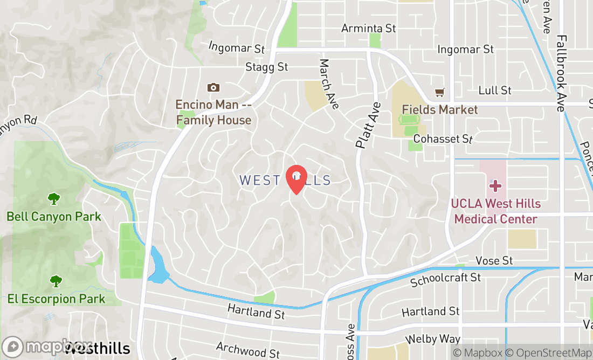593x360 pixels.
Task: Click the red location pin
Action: pyautogui.click(x=296, y=179)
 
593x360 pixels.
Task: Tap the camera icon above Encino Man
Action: pyautogui.click(x=213, y=87)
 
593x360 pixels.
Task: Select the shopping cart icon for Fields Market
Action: pyautogui.click(x=440, y=93)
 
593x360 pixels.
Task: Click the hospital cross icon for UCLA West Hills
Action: pyautogui.click(x=495, y=186)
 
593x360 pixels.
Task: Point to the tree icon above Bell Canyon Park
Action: pyautogui.click(x=53, y=199)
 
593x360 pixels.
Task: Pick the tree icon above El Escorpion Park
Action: pyautogui.click(x=56, y=281)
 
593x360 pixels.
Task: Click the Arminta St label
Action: pyautogui.click(x=369, y=28)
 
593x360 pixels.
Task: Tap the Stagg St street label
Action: pyautogui.click(x=266, y=67)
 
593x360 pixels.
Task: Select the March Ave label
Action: pyautogui.click(x=329, y=84)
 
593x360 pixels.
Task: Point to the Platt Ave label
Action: pyautogui.click(x=368, y=126)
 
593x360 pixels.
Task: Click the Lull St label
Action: pyautogui.click(x=495, y=90)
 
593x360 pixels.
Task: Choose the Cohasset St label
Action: pyautogui.click(x=442, y=139)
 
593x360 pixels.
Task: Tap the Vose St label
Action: pyautogui.click(x=494, y=261)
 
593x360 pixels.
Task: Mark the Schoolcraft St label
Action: pyautogui.click(x=445, y=279)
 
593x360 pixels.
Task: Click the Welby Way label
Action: pyautogui.click(x=433, y=339)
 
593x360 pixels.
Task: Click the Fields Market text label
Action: pyautogui.click(x=440, y=110)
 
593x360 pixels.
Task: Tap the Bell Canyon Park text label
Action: pyautogui.click(x=53, y=217)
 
